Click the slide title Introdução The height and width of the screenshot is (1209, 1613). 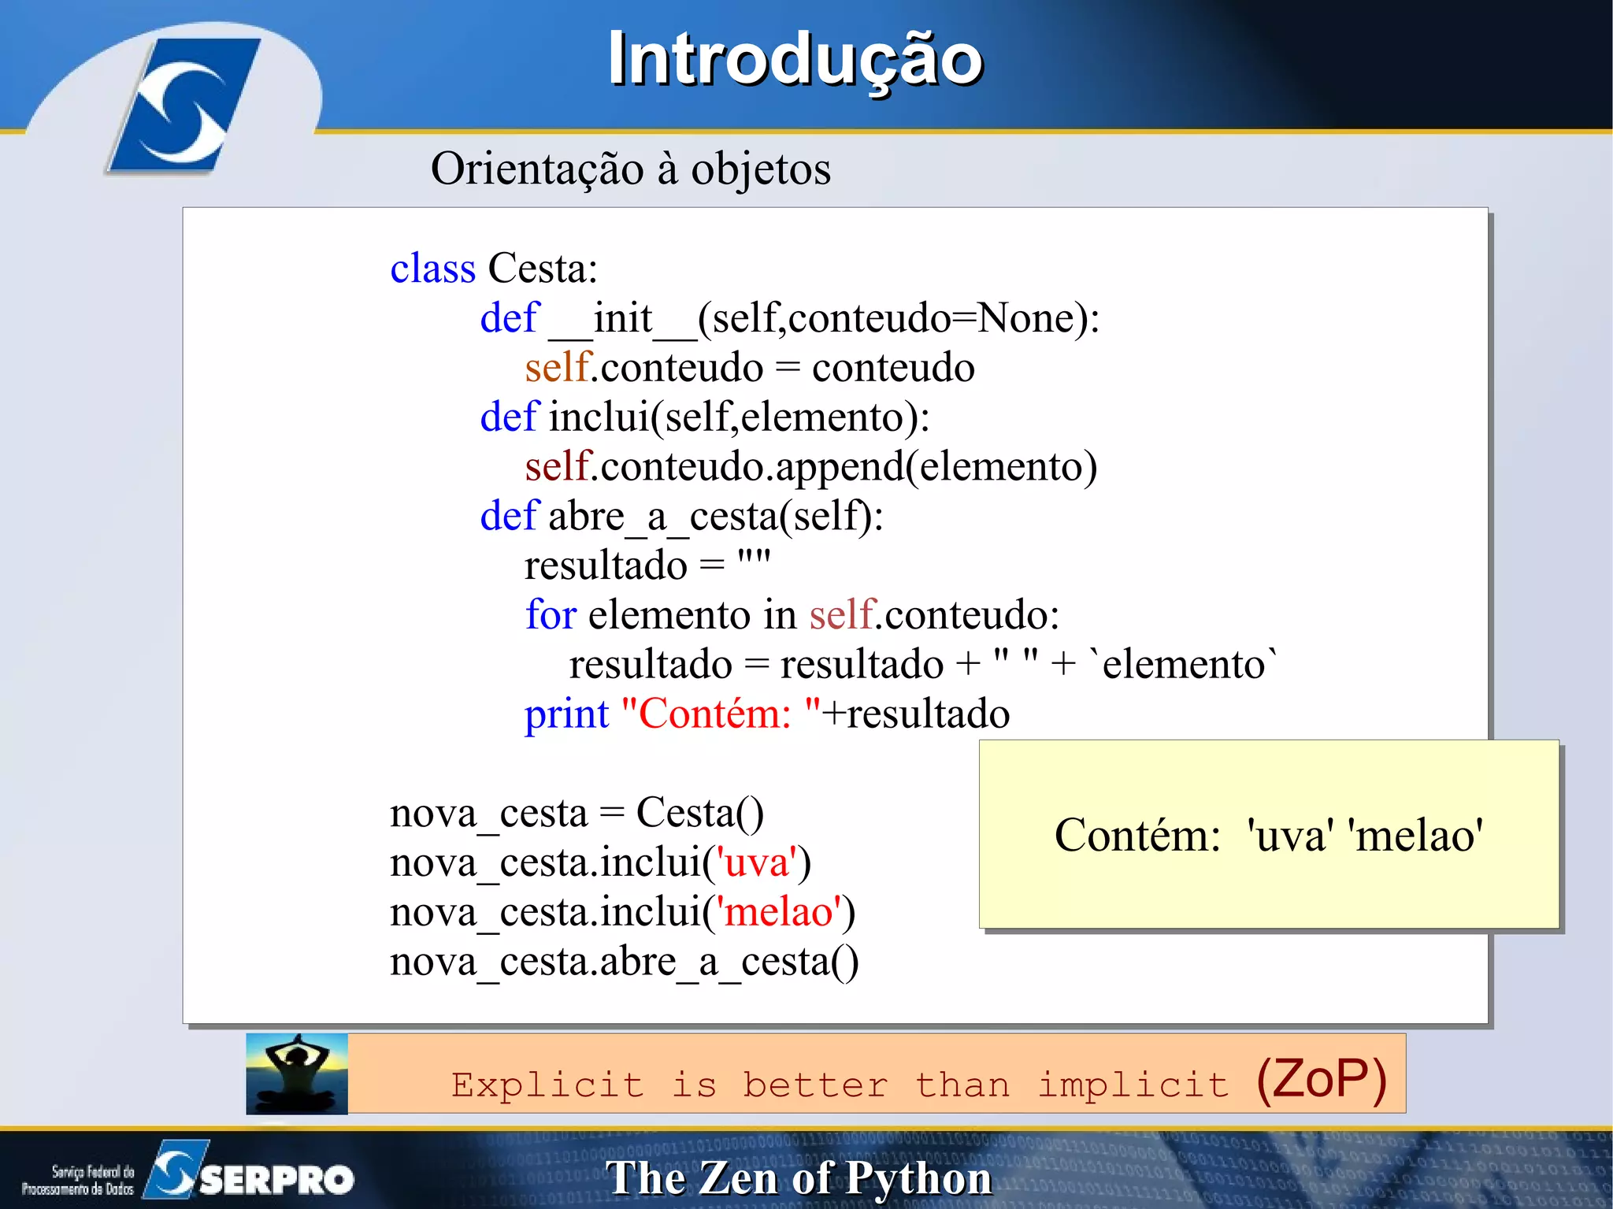coord(795,60)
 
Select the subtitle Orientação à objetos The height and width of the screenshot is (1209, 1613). coord(630,169)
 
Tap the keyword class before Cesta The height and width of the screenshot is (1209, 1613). coord(432,269)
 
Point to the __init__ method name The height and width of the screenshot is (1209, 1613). coord(622,319)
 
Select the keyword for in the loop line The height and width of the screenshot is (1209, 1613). coord(551,615)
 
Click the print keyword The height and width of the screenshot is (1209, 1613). coord(566,714)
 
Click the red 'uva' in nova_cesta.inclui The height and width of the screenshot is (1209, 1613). coord(757,862)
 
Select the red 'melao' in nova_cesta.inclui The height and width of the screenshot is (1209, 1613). coord(779,912)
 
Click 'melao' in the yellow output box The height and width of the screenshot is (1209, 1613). coord(1415,836)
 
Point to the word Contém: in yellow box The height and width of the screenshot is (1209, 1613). coord(1137,836)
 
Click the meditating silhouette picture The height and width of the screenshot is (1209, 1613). coord(297,1074)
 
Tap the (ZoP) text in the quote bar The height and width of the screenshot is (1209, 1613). coord(1321,1079)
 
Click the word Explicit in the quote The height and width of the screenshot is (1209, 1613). coord(547,1085)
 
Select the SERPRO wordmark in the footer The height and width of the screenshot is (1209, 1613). coord(276,1179)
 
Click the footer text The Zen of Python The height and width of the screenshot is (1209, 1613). coord(799,1179)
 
